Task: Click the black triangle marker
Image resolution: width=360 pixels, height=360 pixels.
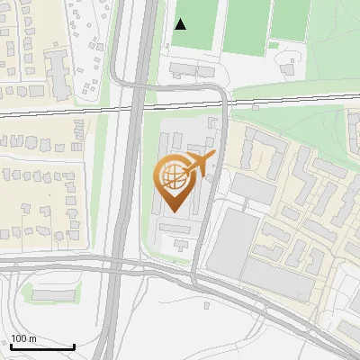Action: click(180, 23)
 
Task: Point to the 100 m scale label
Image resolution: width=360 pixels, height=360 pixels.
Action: click(23, 338)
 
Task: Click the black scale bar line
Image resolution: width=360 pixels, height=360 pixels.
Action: click(42, 346)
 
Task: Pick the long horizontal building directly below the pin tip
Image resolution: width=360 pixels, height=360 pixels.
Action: click(175, 229)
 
